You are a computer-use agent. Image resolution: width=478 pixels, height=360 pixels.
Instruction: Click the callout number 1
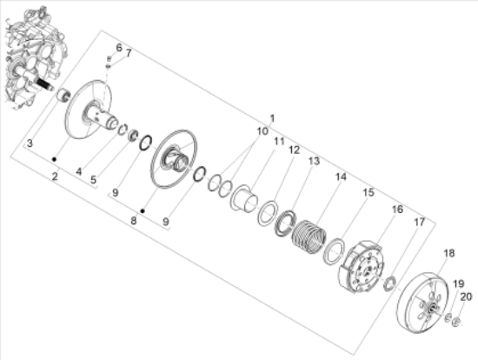(x=272, y=118)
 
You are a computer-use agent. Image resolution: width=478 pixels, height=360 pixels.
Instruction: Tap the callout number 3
(x=30, y=143)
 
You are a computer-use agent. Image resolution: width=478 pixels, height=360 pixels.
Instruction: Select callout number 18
(x=448, y=253)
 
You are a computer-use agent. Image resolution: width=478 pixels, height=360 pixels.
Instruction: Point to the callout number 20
(x=466, y=297)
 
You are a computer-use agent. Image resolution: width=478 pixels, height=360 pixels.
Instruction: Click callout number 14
(x=341, y=177)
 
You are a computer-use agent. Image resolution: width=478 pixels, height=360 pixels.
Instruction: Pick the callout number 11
(x=279, y=141)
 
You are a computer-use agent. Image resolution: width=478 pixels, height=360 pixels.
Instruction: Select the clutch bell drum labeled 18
(x=422, y=301)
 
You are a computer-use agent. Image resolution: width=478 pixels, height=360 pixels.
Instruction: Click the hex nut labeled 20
(x=455, y=321)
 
